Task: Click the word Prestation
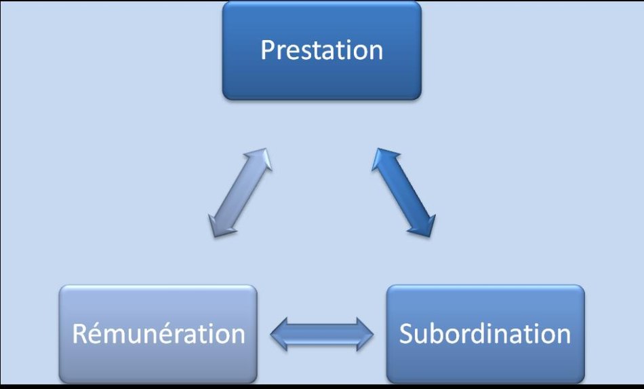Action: [x=322, y=50]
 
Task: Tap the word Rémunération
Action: [x=159, y=333]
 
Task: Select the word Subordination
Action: [x=485, y=333]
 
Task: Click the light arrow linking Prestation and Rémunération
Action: [x=240, y=192]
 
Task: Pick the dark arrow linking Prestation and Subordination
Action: [x=403, y=192]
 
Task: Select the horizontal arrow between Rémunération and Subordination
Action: [x=322, y=334]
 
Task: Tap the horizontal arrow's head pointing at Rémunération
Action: [x=279, y=334]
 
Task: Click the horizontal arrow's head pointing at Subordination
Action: [x=365, y=334]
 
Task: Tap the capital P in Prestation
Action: [x=268, y=50]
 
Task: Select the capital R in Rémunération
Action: [x=80, y=333]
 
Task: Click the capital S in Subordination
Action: [x=406, y=333]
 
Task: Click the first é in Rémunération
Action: [x=97, y=333]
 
